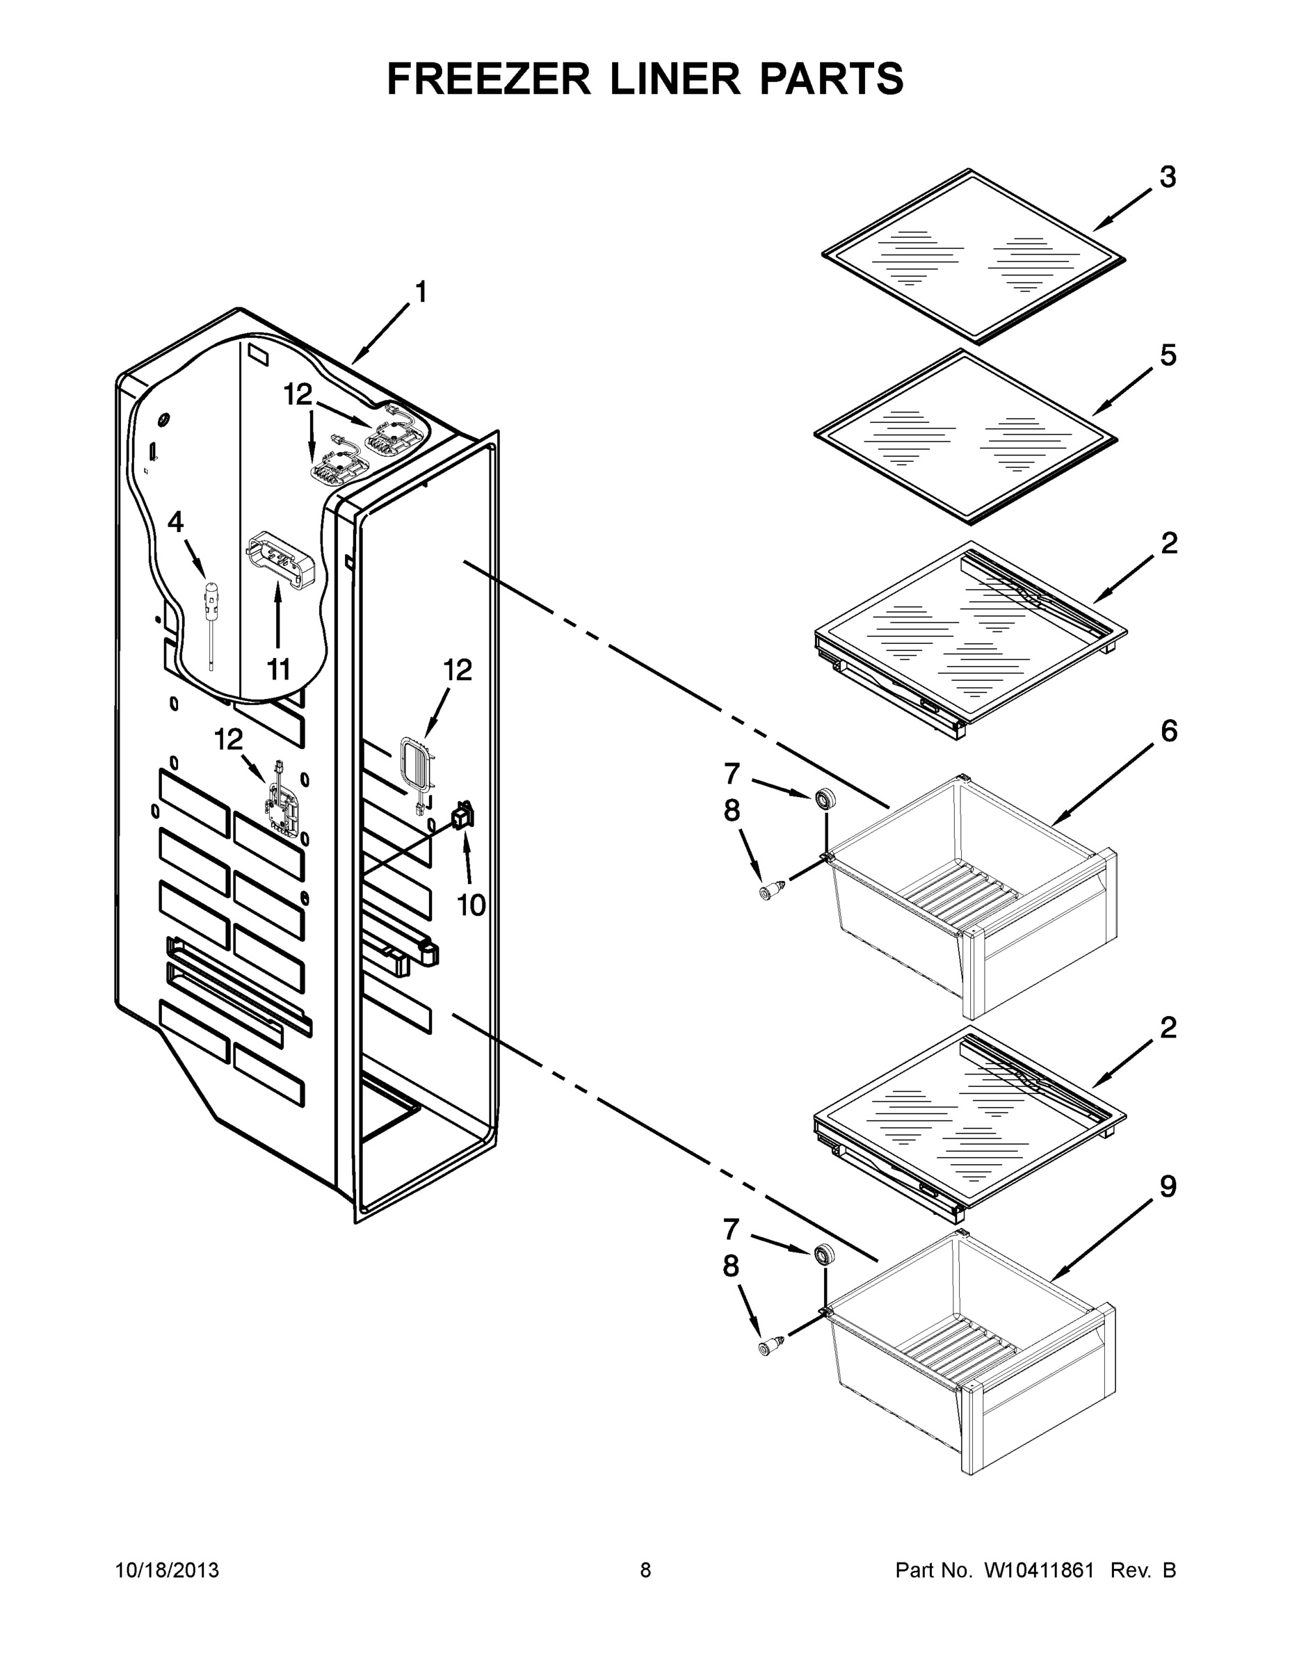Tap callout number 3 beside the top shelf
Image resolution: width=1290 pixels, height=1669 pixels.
(1168, 177)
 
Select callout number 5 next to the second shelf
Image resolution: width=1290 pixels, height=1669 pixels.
(1168, 355)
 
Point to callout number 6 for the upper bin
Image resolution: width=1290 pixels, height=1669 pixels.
(1168, 732)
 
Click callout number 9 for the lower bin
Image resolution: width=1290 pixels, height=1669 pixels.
(1168, 1187)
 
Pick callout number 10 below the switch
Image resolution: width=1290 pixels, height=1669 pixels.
(471, 905)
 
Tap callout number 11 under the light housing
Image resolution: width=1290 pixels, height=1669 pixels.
(278, 670)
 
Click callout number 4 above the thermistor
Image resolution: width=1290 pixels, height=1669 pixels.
(176, 522)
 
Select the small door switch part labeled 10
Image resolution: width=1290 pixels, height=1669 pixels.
(462, 816)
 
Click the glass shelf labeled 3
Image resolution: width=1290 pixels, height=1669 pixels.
(974, 256)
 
